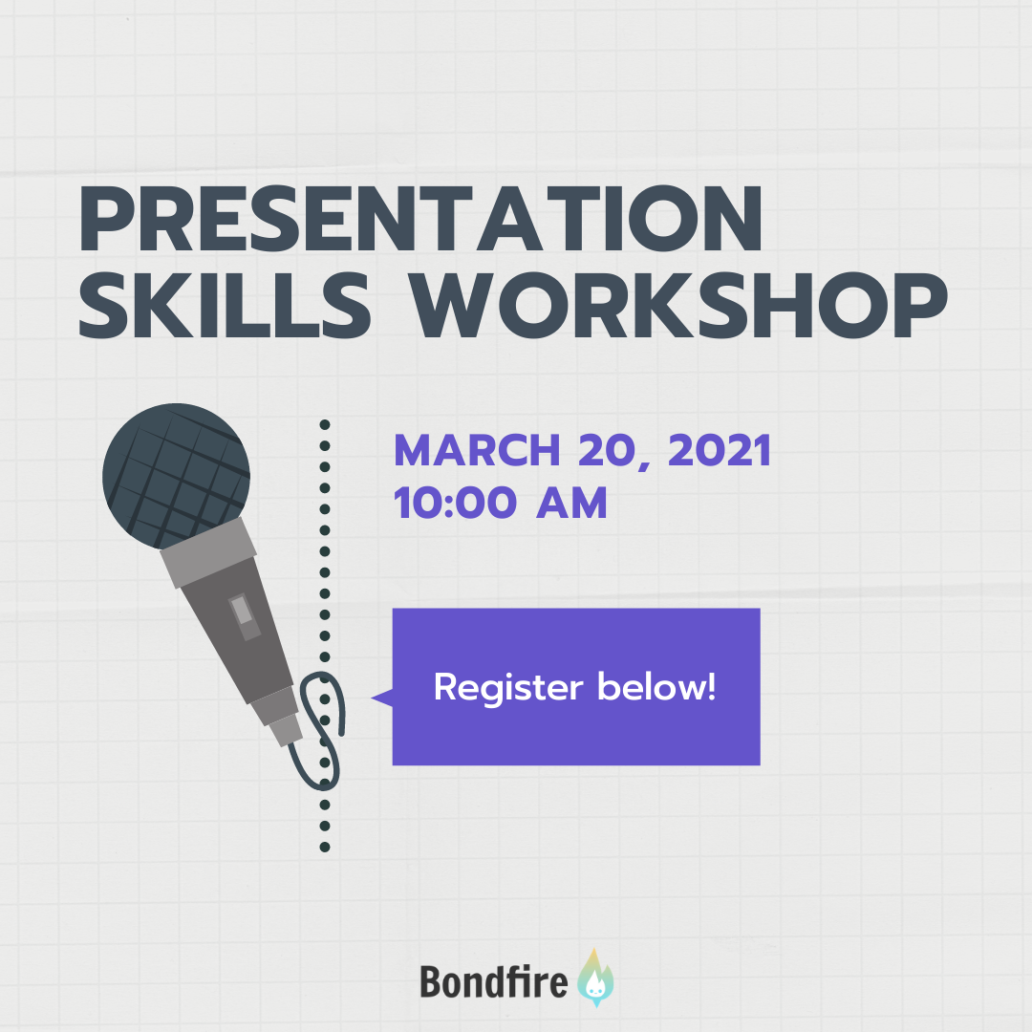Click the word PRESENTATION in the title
tap(419, 219)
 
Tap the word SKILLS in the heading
tap(225, 306)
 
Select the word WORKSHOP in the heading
tap(678, 306)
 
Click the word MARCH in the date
tap(477, 450)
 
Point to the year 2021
tap(719, 450)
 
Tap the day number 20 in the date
tap(606, 450)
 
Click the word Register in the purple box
tap(508, 688)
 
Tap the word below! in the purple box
tap(656, 686)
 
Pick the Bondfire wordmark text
tap(494, 981)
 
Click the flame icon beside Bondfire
tap(595, 978)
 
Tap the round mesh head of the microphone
tap(176, 475)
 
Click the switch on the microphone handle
tap(245, 616)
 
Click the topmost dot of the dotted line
tap(325, 424)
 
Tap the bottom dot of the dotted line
tap(325, 847)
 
